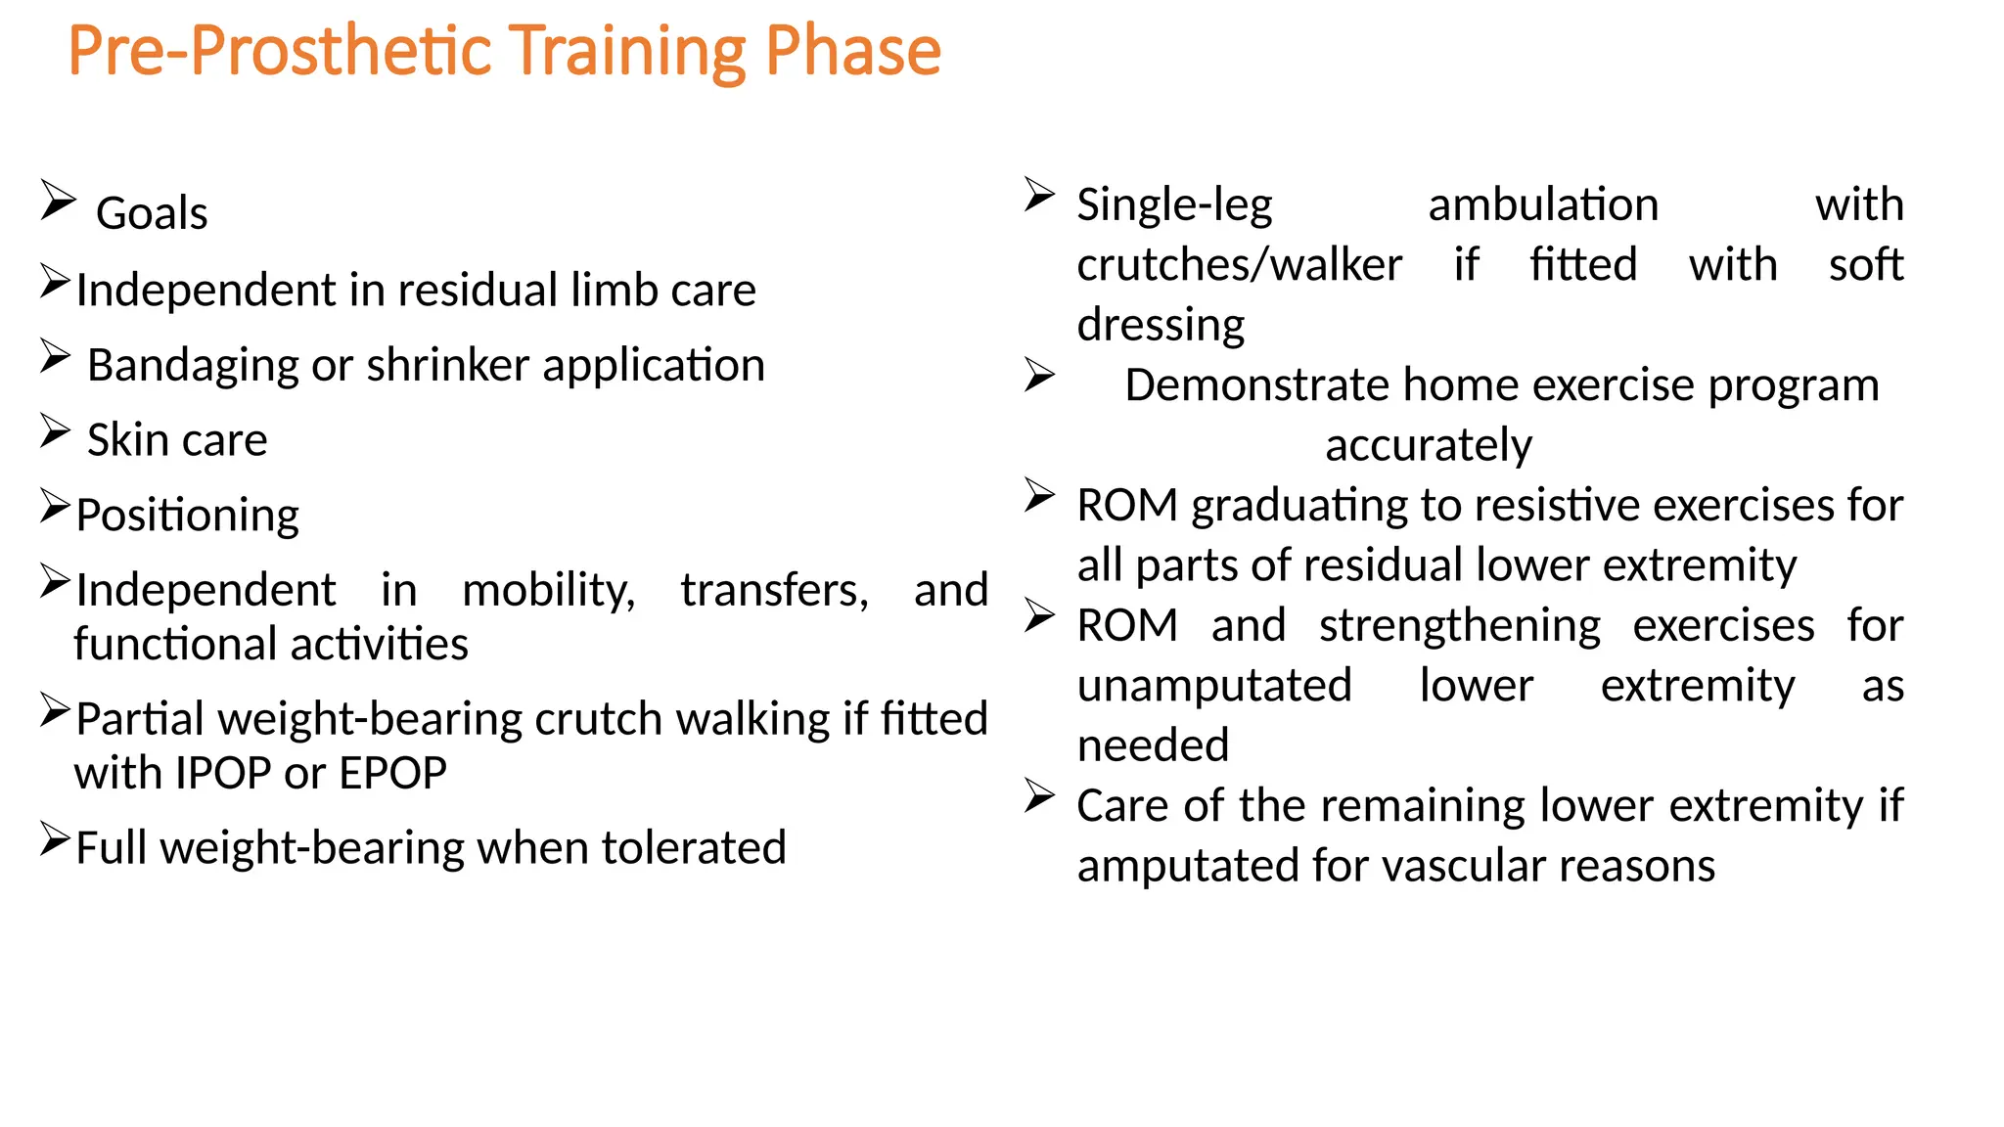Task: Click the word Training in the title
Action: [627, 51]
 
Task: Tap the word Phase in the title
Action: [852, 51]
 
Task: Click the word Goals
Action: [152, 214]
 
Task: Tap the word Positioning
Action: [187, 516]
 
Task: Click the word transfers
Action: [774, 590]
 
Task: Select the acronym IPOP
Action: [226, 774]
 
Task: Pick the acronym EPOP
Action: [392, 774]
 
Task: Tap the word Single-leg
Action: [1174, 205]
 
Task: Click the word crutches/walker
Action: [1239, 265]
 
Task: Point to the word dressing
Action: [1161, 325]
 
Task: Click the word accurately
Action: [1428, 446]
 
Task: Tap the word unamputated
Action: [1213, 686]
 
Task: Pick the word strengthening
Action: [1459, 626]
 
